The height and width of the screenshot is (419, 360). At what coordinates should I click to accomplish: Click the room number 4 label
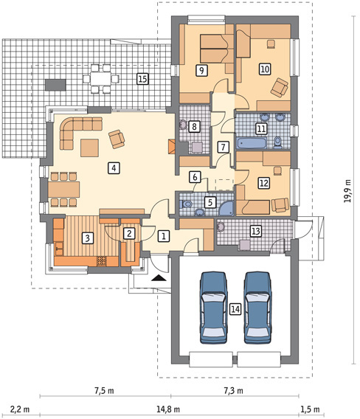point(114,168)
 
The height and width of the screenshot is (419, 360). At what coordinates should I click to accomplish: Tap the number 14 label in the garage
point(235,309)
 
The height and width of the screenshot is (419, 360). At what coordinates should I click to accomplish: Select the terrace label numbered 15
point(142,79)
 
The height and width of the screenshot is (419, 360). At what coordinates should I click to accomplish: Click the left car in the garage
point(214,308)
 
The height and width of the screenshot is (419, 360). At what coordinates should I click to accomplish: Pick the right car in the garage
point(258,308)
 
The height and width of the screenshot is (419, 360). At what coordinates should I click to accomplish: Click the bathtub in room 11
point(252,143)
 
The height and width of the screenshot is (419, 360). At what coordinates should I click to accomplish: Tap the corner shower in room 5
point(226,209)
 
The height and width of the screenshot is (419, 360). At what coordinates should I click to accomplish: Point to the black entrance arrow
point(159,278)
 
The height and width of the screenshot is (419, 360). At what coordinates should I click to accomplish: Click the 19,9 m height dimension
point(347,190)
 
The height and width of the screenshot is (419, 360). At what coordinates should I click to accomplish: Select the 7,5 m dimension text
point(104,391)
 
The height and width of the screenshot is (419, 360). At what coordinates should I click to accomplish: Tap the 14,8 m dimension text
point(168,409)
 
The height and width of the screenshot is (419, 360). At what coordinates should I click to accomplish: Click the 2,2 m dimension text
point(20,409)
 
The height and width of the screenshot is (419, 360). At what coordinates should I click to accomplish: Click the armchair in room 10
point(280,87)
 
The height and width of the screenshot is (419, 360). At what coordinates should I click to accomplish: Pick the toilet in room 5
point(187,204)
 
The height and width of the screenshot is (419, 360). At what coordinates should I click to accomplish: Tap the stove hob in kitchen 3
point(102,261)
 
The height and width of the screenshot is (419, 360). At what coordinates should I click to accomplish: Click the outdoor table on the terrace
point(100,79)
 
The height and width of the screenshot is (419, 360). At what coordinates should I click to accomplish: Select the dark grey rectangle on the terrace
point(55,85)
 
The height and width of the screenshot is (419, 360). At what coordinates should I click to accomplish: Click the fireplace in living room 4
point(171,147)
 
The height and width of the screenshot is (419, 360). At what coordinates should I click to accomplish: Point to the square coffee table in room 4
point(90,148)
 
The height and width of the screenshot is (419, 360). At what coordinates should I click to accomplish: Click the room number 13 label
point(256,231)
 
